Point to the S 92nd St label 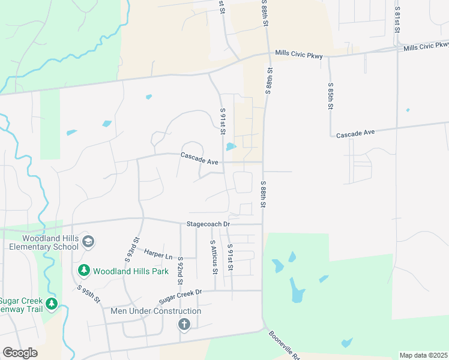180,271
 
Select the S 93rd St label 131,250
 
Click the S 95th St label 89,294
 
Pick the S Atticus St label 213,257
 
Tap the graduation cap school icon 88,241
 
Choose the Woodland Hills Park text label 130,271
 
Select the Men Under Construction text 156,311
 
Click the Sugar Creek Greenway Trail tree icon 52,304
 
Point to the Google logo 20,353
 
